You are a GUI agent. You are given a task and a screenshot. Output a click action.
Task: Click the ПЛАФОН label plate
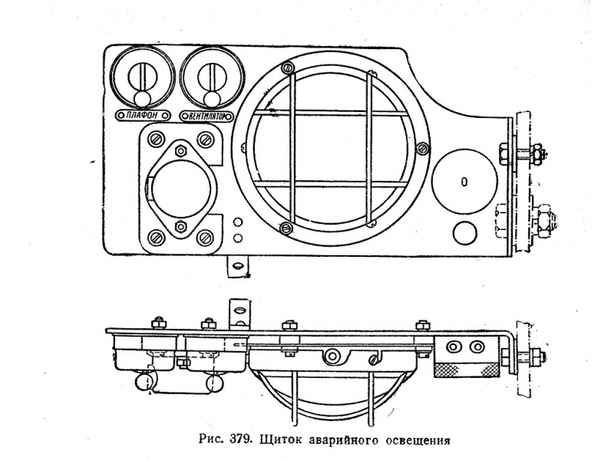pyautogui.click(x=143, y=116)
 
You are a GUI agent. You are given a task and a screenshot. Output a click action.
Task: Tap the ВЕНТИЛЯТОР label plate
pyautogui.click(x=206, y=117)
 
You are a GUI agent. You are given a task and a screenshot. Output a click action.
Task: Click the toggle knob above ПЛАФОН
pyautogui.click(x=141, y=99)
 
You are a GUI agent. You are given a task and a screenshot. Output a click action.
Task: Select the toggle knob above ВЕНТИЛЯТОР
pyautogui.click(x=213, y=99)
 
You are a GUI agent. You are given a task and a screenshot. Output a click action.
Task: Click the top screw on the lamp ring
pyautogui.click(x=288, y=67)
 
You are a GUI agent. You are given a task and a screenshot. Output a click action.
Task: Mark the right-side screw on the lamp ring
pyautogui.click(x=422, y=148)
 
